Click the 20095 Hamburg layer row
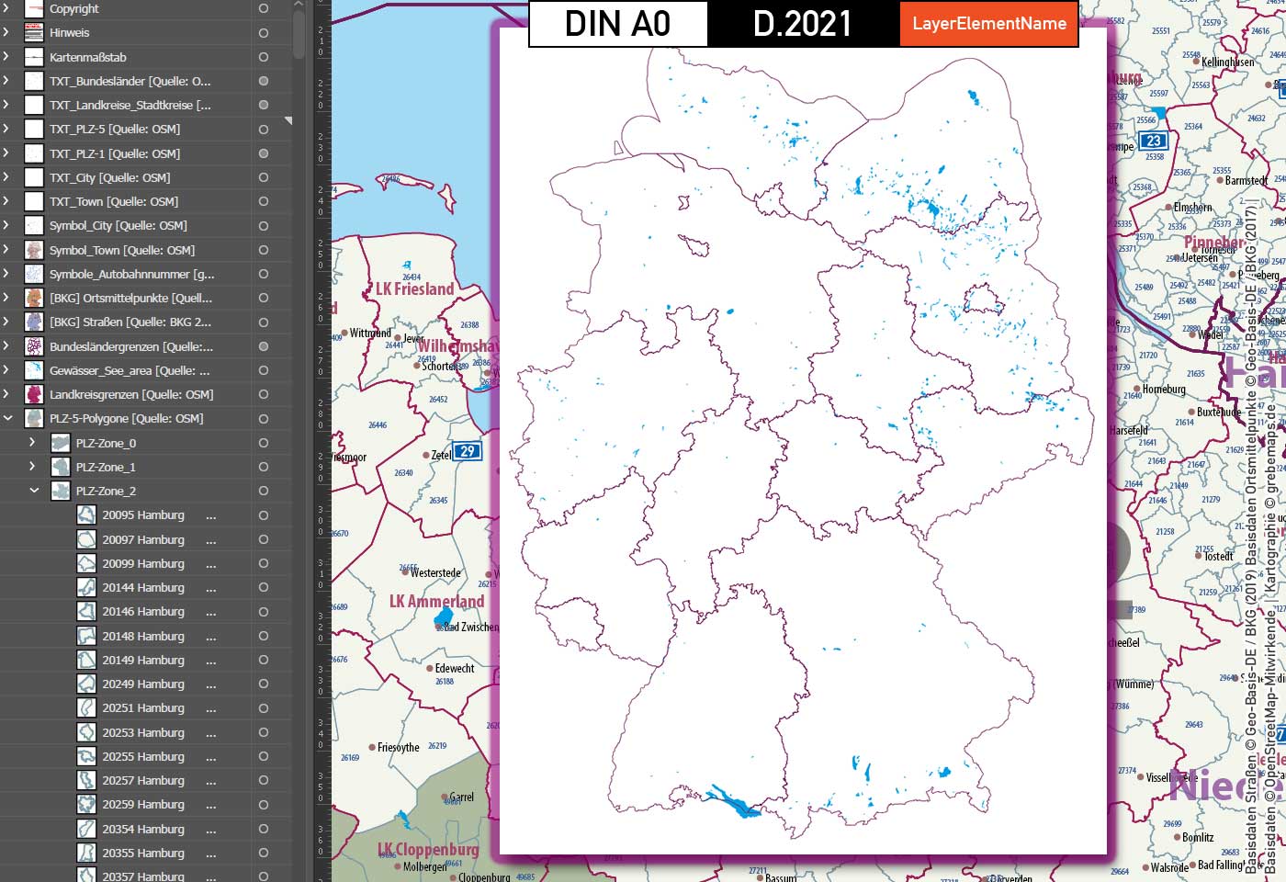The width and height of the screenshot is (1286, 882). pos(143,515)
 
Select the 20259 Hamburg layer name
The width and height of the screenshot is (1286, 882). pos(143,805)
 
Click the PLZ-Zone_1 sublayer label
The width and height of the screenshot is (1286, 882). pos(106,467)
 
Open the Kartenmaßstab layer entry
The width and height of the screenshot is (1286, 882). pos(88,57)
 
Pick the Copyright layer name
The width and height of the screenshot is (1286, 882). pos(74,9)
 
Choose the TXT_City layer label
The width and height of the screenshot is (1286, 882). pos(109,177)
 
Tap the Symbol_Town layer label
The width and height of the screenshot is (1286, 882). pos(121,250)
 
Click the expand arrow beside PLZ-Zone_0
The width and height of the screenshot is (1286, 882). pos(32,443)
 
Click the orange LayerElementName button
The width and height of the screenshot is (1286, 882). pos(989,24)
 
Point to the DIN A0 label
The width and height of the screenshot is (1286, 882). pos(617,24)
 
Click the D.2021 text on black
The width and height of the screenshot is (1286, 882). pos(803,24)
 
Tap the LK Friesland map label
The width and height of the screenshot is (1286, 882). pos(415,289)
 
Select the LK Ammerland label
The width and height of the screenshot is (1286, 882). pos(436,602)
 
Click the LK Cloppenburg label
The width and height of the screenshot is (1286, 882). pos(428,850)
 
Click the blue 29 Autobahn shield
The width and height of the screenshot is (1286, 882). pos(468,451)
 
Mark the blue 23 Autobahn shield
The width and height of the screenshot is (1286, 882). pos(1153,141)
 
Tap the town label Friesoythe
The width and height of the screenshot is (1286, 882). pos(399,748)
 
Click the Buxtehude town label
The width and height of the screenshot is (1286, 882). pos(1220,413)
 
